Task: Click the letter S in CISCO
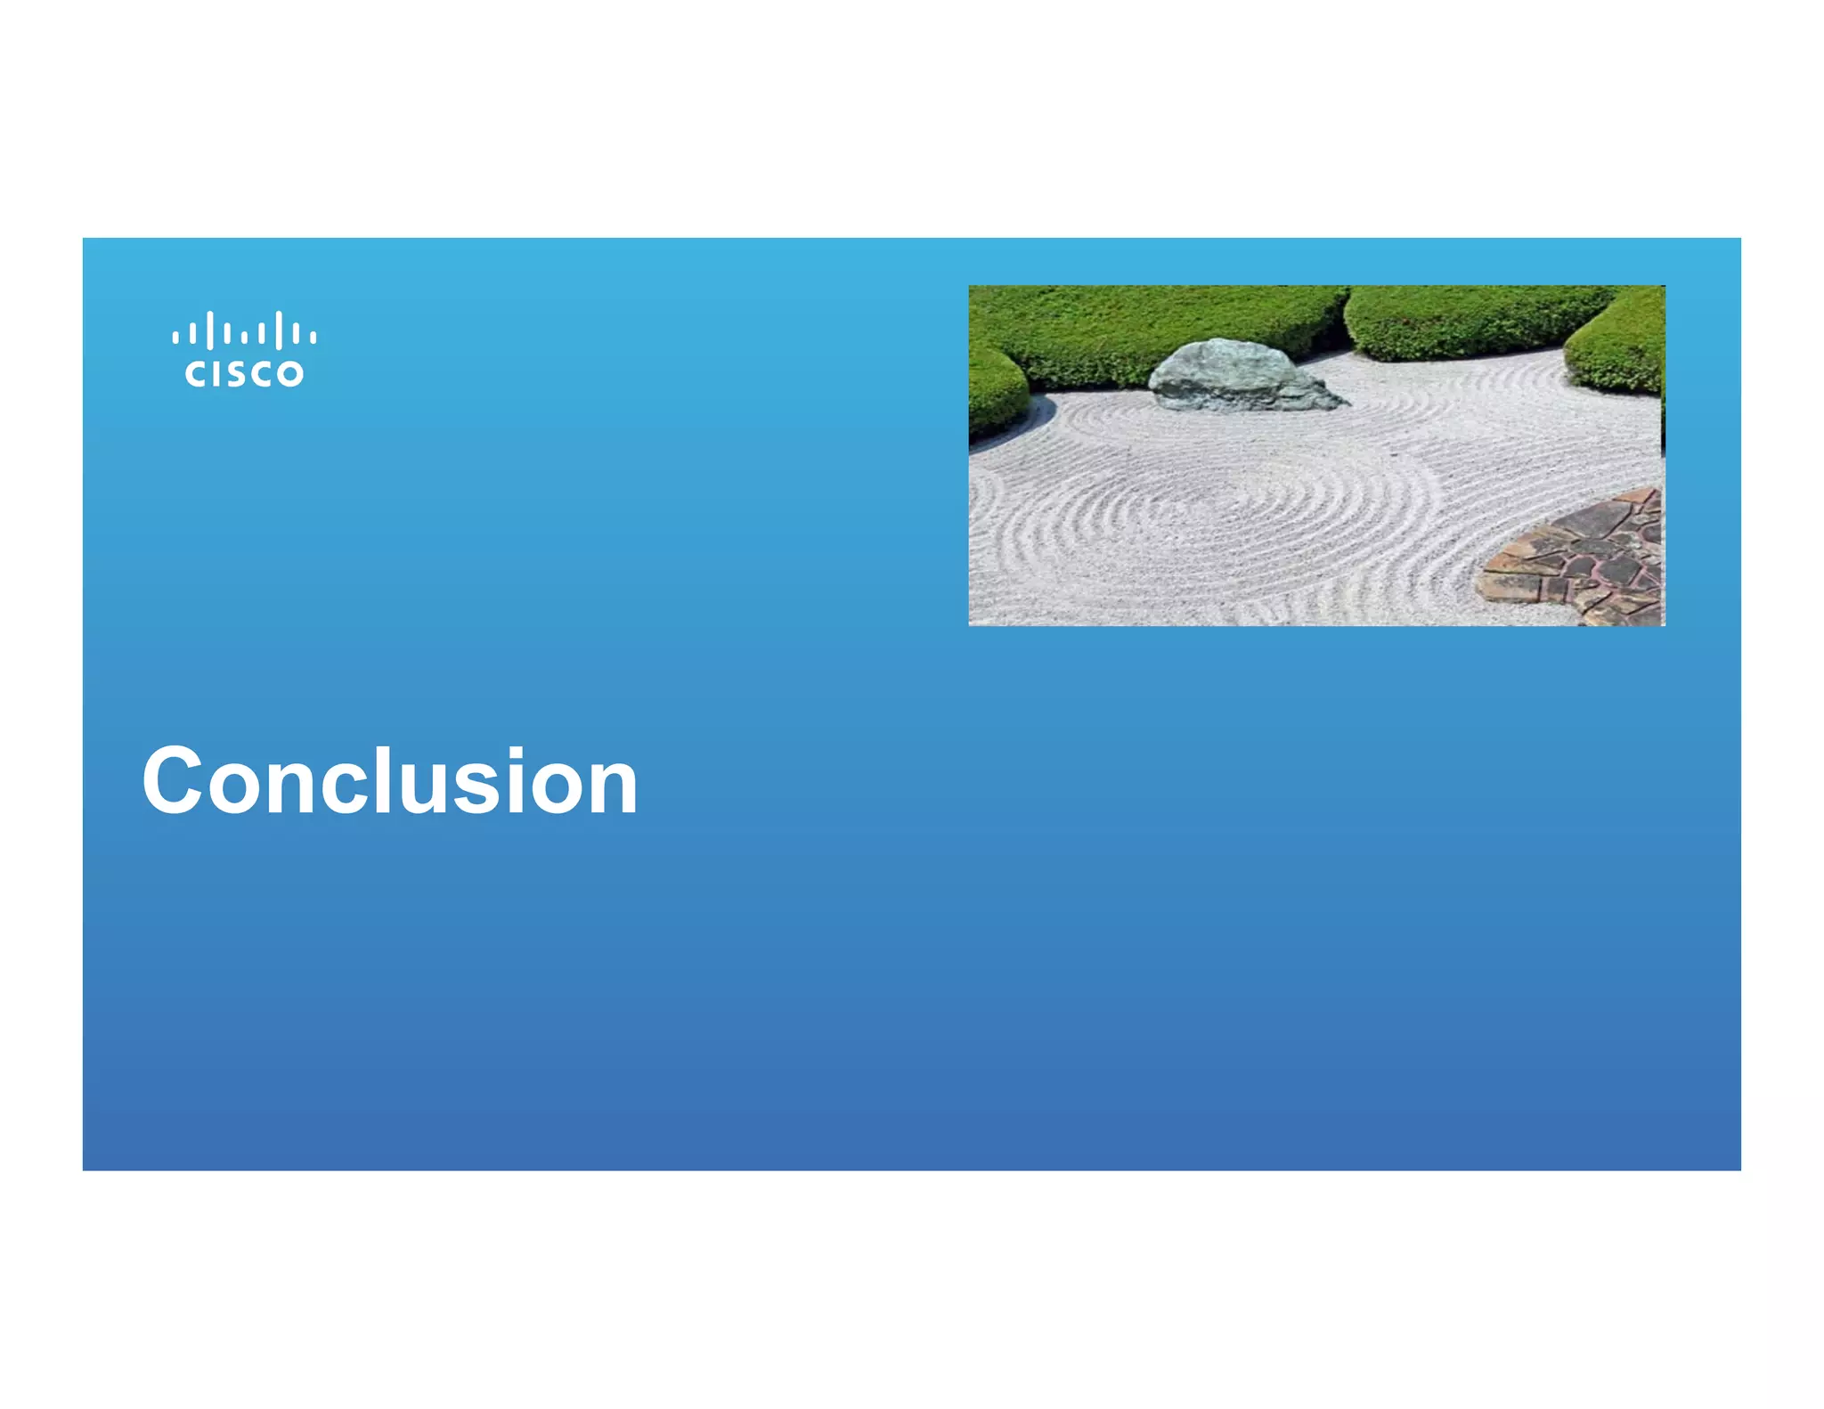coord(243,374)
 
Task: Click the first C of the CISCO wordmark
coord(195,374)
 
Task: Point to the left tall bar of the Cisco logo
coord(209,330)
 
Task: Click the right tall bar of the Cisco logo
coord(279,330)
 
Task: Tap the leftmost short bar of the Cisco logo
coord(175,338)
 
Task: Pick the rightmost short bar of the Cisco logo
coord(313,338)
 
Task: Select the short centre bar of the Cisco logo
coord(244,338)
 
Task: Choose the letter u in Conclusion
coord(419,790)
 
